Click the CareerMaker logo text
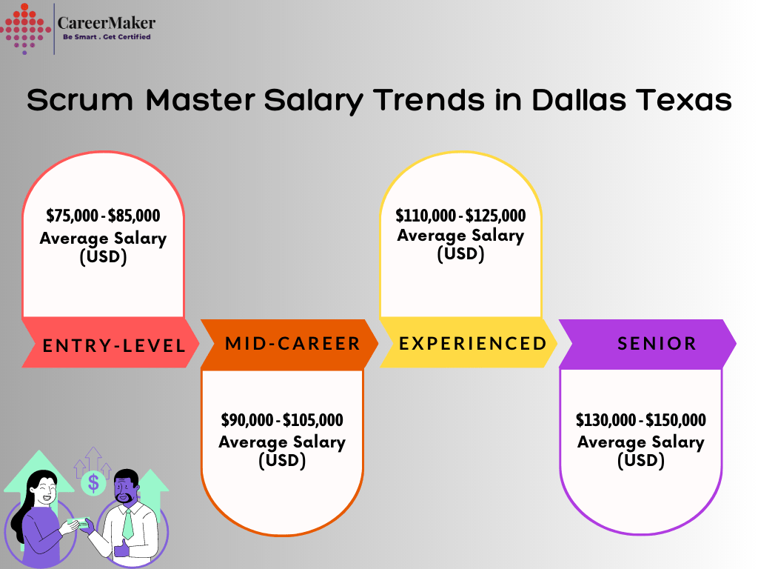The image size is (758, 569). pos(107,23)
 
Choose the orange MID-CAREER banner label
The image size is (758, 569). pos(292,344)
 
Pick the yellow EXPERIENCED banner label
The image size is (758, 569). pos(472,344)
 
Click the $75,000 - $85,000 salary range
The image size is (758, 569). pos(103,216)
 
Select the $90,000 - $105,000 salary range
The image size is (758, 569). pos(282,420)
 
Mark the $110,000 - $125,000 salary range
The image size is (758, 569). pos(460,216)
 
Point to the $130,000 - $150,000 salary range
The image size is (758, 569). pos(640,420)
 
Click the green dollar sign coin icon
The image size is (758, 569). pos(93,483)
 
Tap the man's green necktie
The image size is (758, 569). pos(128,523)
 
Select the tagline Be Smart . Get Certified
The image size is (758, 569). pos(106,37)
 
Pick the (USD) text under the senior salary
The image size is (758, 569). pos(640,460)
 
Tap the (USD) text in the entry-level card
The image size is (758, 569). pos(103,257)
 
